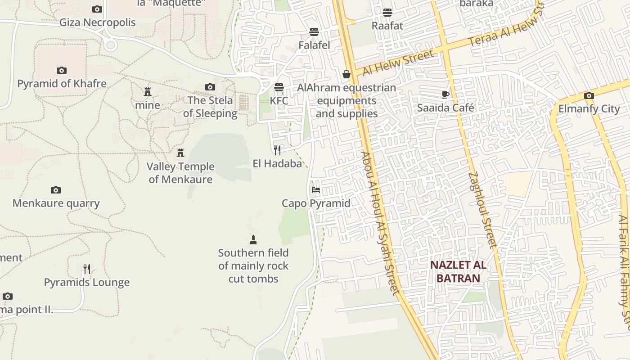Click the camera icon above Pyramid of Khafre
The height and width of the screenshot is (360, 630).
[62, 70]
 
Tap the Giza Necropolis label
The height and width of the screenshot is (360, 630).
[98, 22]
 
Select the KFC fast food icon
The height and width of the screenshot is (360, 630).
[279, 87]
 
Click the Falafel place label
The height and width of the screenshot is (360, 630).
[314, 45]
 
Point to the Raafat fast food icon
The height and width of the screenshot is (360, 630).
[387, 13]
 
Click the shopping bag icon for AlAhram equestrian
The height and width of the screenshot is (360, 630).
[346, 74]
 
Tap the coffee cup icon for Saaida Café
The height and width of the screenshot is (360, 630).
[445, 94]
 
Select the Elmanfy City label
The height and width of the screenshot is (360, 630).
[589, 108]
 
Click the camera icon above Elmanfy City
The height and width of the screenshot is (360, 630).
[589, 95]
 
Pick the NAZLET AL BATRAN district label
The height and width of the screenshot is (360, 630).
[458, 271]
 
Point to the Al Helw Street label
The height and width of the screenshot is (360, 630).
[398, 63]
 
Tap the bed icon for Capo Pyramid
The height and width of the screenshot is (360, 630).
[316, 190]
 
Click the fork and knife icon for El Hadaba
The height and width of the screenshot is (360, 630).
[277, 150]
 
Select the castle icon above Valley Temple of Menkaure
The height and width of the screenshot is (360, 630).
[180, 153]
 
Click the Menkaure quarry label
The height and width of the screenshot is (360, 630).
[56, 203]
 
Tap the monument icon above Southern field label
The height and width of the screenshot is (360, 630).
[253, 239]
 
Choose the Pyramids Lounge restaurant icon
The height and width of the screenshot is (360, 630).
[87, 269]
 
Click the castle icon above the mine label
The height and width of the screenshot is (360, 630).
[148, 92]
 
